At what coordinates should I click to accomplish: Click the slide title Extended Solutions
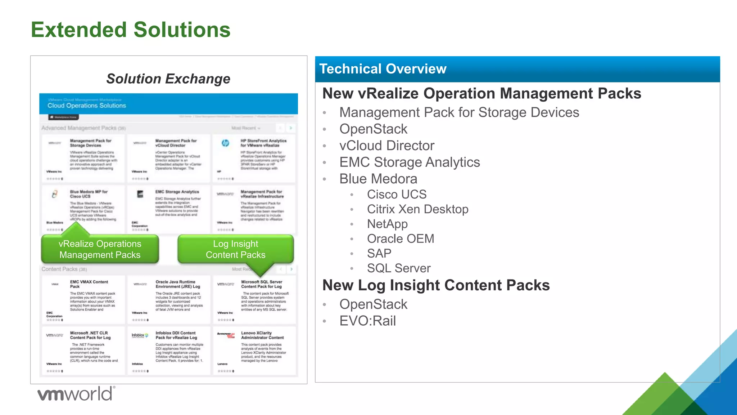click(x=130, y=30)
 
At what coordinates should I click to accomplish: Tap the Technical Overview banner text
click(x=383, y=69)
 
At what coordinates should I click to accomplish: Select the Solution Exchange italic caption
click(x=168, y=79)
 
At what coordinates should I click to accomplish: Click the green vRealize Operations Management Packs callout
click(x=100, y=249)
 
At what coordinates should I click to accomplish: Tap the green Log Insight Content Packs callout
click(x=235, y=249)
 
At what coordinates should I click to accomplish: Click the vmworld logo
click(x=76, y=393)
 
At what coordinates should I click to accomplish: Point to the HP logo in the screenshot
click(x=225, y=143)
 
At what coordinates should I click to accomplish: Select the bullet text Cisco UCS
click(x=397, y=194)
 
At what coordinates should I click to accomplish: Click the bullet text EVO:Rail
click(x=367, y=321)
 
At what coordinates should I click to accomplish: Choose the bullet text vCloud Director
click(x=387, y=146)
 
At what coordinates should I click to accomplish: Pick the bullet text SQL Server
click(x=398, y=268)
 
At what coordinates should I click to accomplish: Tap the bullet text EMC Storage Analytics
click(x=409, y=162)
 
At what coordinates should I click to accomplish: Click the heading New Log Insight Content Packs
click(x=436, y=285)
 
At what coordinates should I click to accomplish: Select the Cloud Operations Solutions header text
click(x=87, y=106)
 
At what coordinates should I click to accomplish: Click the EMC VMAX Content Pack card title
click(x=89, y=284)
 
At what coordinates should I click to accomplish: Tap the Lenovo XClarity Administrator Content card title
click(x=262, y=335)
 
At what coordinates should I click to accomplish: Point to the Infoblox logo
click(x=140, y=335)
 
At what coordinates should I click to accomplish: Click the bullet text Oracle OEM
click(x=400, y=238)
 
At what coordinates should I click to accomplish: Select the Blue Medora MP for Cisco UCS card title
click(x=89, y=194)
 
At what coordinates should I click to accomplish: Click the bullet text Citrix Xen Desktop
click(x=417, y=209)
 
